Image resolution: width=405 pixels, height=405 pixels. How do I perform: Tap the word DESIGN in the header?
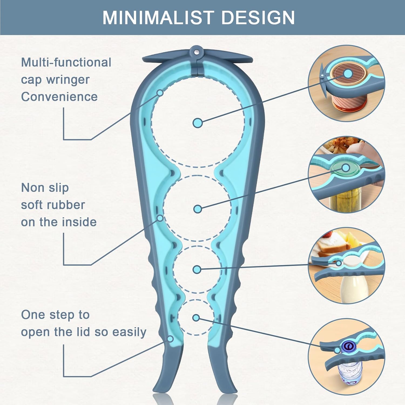point(258,18)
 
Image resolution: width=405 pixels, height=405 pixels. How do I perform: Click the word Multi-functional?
point(66,62)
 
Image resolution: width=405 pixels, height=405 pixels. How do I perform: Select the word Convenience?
point(59,97)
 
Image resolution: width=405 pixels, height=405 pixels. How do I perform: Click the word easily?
point(129,332)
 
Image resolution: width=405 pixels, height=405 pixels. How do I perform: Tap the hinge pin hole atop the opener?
point(197,51)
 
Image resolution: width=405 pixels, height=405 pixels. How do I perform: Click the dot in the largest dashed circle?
point(198,123)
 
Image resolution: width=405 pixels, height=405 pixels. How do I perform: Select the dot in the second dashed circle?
point(198,209)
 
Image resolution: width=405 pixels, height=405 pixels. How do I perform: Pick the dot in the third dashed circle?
point(197,269)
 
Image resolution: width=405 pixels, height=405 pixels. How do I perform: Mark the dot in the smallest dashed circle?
point(196,318)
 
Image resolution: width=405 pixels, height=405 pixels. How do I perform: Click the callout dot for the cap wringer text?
point(160,93)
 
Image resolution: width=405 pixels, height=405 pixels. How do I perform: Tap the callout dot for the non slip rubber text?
point(160,218)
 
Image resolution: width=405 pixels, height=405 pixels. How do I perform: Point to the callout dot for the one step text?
point(170,339)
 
